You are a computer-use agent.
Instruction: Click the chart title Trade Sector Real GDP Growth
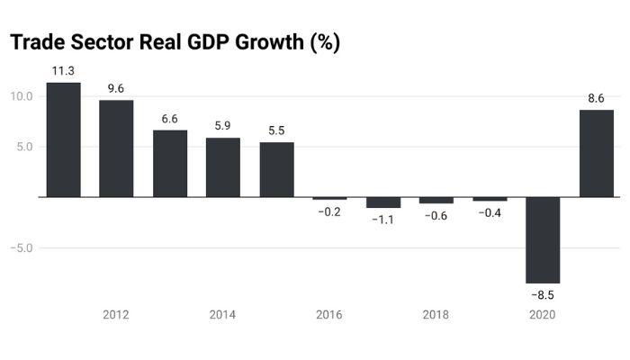(175, 42)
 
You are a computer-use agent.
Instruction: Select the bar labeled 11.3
(63, 139)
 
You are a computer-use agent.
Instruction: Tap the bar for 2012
(116, 148)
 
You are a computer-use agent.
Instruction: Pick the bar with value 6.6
(170, 164)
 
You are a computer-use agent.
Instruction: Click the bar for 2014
(223, 167)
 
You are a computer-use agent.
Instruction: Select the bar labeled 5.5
(276, 169)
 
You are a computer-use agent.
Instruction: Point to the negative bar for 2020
(543, 239)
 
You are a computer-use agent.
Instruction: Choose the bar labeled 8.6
(597, 153)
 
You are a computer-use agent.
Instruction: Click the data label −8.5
(543, 295)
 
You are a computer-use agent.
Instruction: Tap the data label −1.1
(383, 220)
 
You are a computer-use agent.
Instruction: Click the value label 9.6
(116, 88)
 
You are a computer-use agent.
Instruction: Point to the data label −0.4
(490, 212)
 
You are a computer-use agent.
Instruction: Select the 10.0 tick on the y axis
(22, 96)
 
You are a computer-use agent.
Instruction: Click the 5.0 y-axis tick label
(24, 147)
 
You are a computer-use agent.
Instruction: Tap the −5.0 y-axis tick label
(22, 247)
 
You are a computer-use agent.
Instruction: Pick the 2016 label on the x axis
(329, 315)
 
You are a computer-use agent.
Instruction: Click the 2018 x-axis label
(436, 315)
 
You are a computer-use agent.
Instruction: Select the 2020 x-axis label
(543, 315)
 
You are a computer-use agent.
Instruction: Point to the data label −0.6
(436, 215)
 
